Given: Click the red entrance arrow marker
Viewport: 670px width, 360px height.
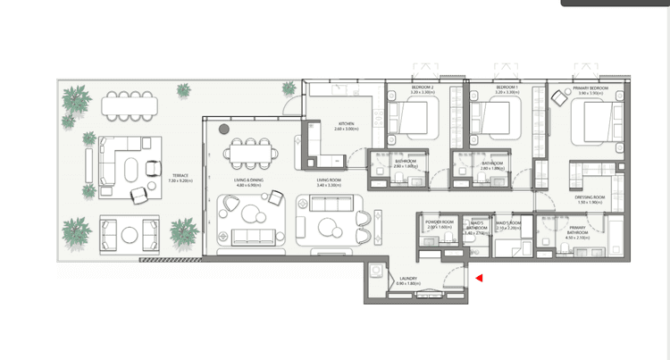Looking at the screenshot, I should coord(479,278).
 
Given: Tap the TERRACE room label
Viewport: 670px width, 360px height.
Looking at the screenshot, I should coord(180,175).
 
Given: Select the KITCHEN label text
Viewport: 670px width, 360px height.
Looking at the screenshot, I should coord(347,124).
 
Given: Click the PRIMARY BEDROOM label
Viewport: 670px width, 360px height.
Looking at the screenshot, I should coord(590,88).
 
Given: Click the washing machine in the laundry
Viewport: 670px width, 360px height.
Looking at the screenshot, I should coord(377,272).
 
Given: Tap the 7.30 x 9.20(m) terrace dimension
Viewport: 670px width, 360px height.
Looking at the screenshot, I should coord(180,180).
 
